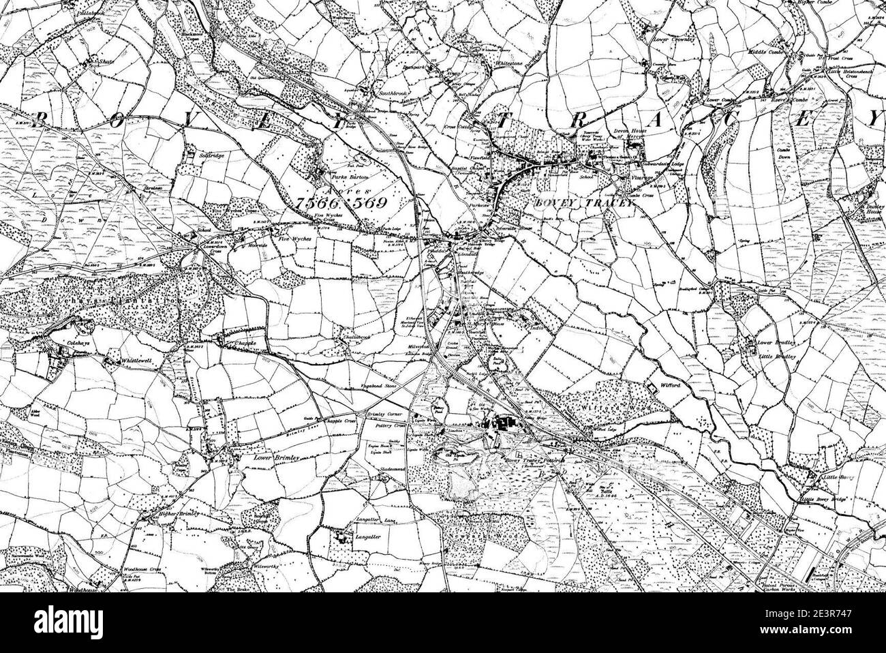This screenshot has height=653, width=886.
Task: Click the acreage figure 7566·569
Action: coord(342,203)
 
